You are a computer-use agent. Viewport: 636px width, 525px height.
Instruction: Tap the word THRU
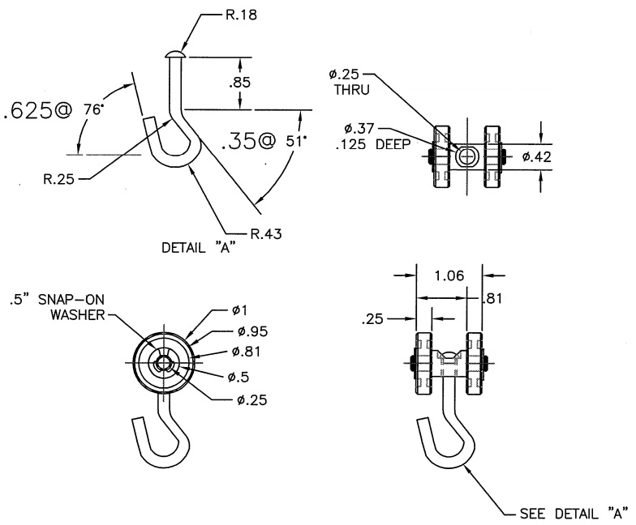coord(352,91)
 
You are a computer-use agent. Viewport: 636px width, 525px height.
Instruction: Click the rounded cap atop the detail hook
coord(175,53)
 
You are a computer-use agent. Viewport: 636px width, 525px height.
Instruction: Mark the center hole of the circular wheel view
coord(163,364)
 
